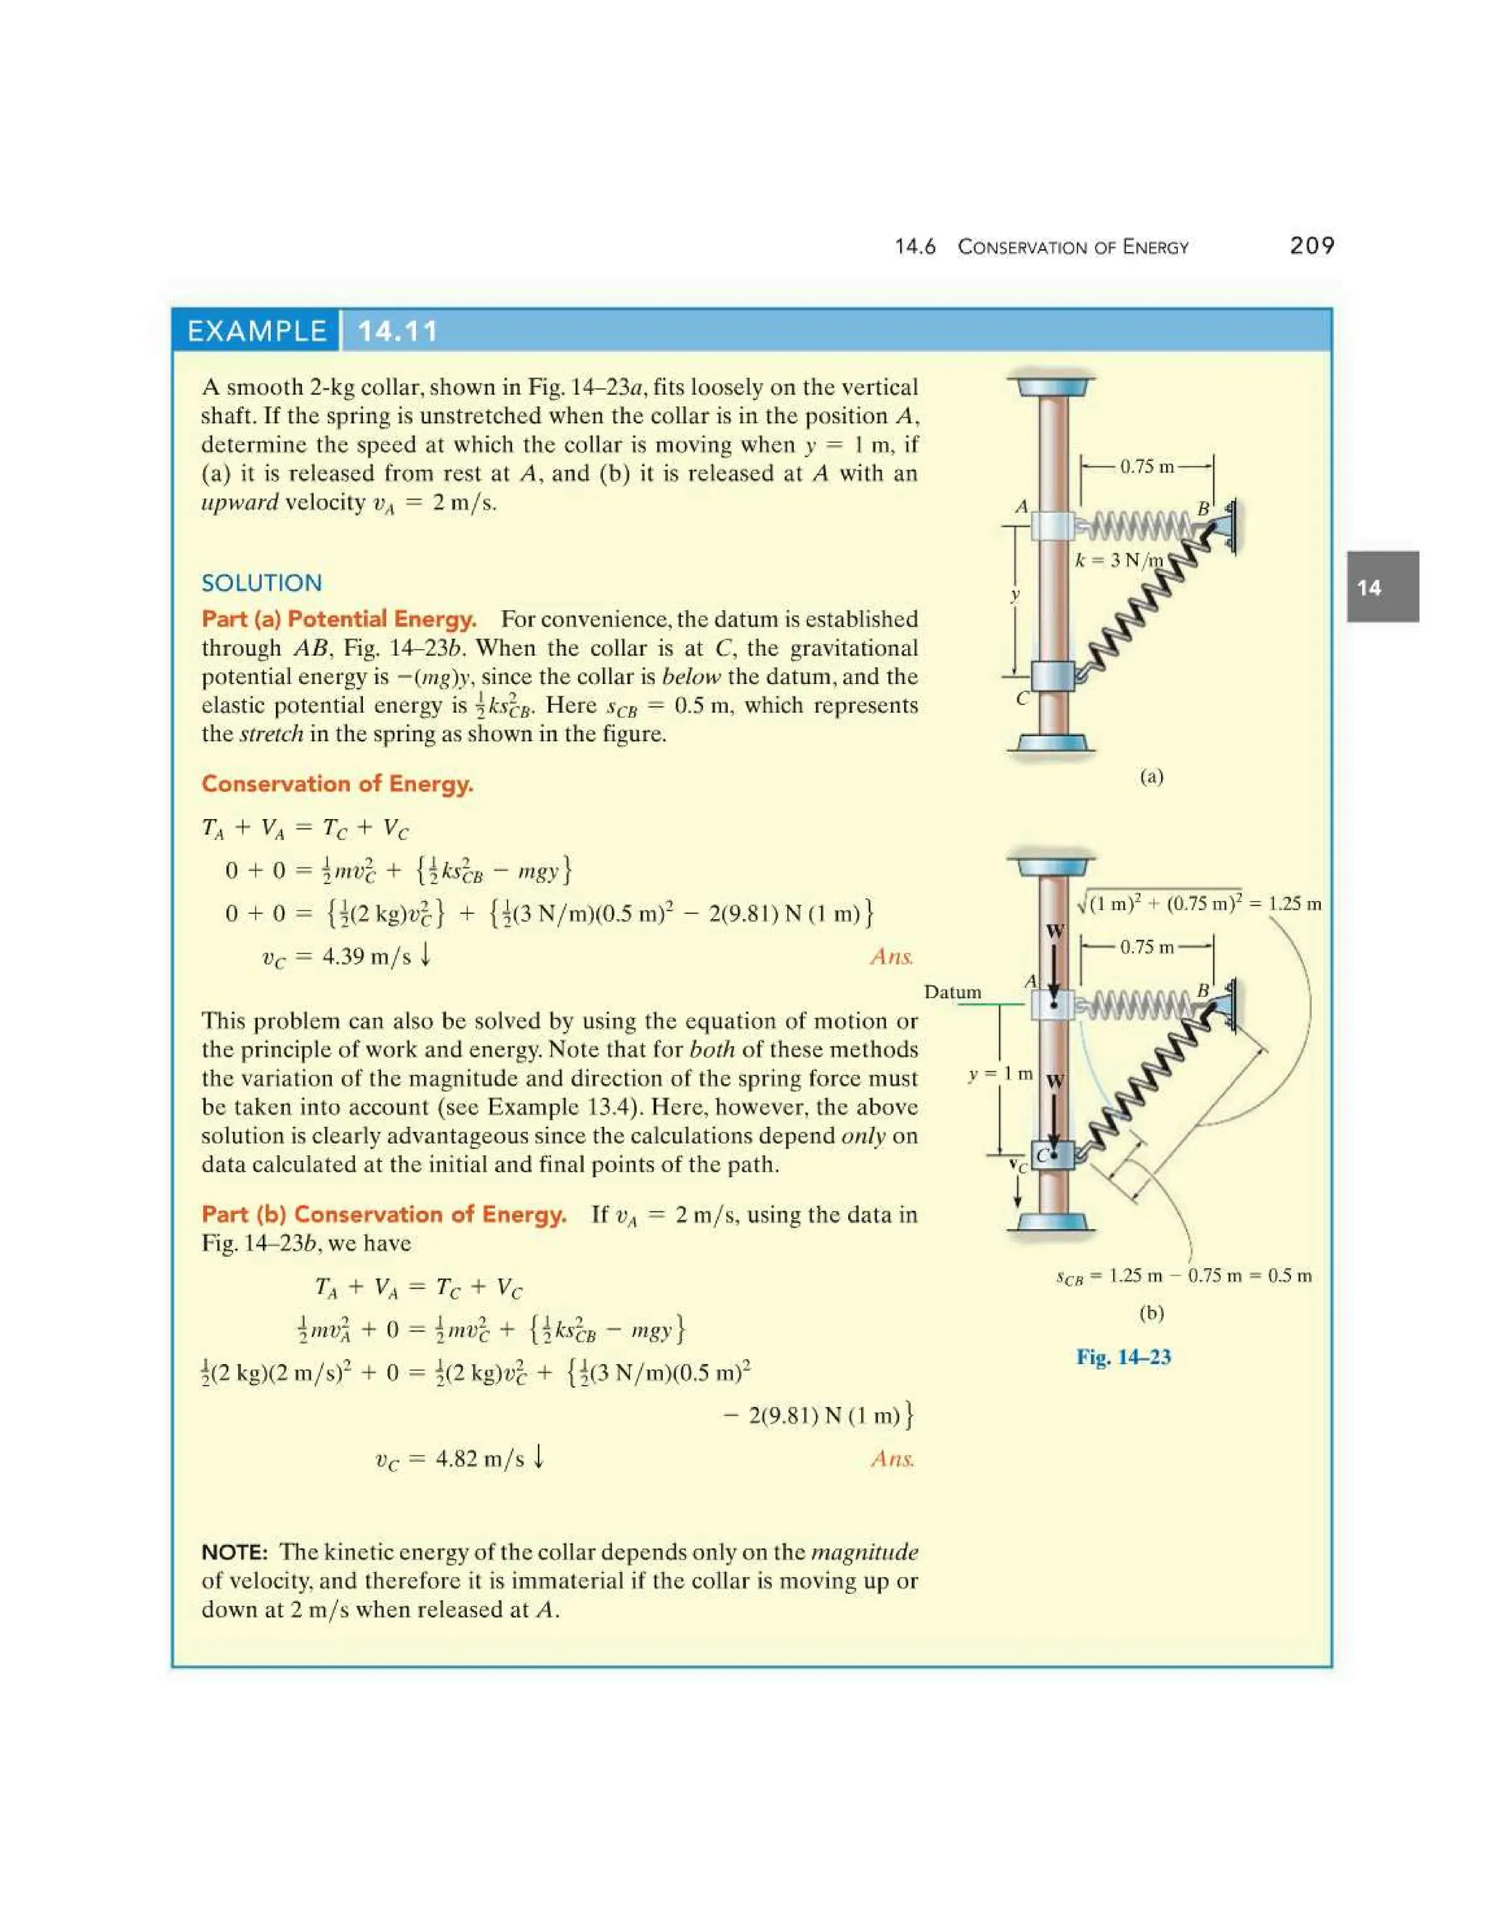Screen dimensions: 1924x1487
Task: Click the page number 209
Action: click(1312, 246)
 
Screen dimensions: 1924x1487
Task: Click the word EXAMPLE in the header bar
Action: click(256, 331)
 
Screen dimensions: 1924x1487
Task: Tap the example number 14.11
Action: click(397, 331)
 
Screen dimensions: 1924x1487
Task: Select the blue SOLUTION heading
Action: click(261, 582)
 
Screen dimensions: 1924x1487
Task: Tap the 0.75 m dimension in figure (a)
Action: click(1147, 467)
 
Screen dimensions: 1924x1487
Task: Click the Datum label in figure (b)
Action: click(953, 992)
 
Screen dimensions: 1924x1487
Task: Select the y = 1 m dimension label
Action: click(1000, 1074)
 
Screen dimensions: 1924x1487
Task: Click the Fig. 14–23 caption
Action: click(1123, 1357)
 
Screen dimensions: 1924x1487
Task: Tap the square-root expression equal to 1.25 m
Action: click(1199, 904)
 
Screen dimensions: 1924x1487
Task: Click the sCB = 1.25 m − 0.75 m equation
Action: click(1183, 1276)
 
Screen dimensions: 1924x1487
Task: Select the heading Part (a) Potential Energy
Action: click(339, 619)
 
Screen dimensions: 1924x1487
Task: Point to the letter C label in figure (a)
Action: click(1022, 698)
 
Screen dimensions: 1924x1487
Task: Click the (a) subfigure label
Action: click(1152, 776)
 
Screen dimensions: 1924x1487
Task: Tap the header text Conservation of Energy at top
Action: click(1073, 247)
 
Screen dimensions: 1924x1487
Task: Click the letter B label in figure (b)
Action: click(1202, 991)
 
